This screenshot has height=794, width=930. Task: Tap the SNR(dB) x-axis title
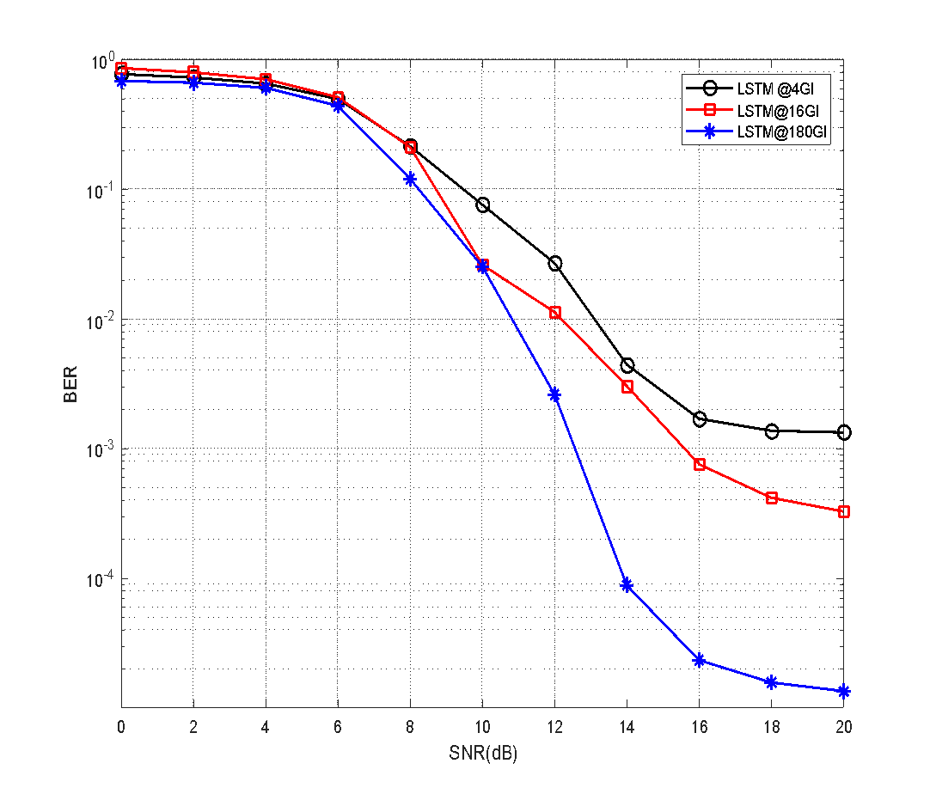tap(483, 754)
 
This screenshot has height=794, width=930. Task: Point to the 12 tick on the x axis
tap(554, 726)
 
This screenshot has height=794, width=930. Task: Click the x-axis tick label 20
tap(844, 726)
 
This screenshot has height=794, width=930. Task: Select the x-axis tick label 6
tap(338, 726)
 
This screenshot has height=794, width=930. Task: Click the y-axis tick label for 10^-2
tap(101, 321)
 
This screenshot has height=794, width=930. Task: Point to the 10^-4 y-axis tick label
tap(101, 580)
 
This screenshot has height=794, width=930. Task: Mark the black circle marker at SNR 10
tap(483, 205)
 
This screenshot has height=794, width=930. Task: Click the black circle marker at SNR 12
tap(555, 264)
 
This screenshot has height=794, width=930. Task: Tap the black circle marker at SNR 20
tap(844, 432)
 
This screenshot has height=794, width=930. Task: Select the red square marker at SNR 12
tap(555, 313)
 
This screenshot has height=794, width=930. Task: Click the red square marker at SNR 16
tap(700, 464)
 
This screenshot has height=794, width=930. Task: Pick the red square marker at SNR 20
tap(844, 511)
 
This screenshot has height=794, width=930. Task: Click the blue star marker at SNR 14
tap(627, 585)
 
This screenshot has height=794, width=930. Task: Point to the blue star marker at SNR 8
tap(411, 179)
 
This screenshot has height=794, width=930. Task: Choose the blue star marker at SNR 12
tap(555, 394)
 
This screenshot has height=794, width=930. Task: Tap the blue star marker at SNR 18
tap(772, 682)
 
